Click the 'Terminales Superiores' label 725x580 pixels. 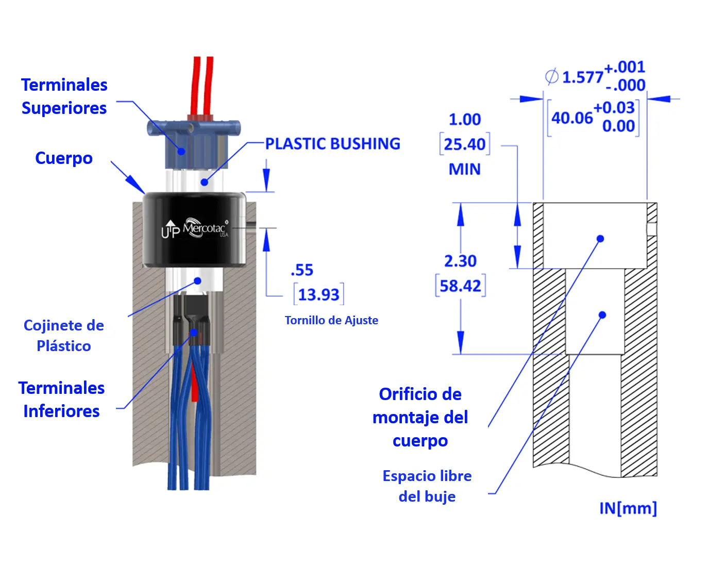[x=64, y=96]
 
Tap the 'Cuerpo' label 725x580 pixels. [x=64, y=158]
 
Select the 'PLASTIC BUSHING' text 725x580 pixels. [x=332, y=144]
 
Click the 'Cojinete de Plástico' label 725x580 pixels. [x=64, y=336]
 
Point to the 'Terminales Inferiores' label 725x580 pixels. [x=62, y=400]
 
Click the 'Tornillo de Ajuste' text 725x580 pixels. [x=331, y=321]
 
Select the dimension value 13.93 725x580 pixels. [x=318, y=295]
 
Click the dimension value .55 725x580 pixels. [x=302, y=270]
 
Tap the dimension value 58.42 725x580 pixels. [x=460, y=286]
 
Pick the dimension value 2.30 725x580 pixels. [x=460, y=261]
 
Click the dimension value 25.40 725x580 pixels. [x=464, y=144]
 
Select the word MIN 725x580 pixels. [x=464, y=169]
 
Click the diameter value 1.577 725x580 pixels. [x=582, y=77]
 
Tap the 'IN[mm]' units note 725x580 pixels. [x=628, y=508]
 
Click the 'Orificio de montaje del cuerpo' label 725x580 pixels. [x=420, y=418]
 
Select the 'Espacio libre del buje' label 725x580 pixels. [x=427, y=486]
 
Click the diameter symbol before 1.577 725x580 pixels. [x=552, y=77]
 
